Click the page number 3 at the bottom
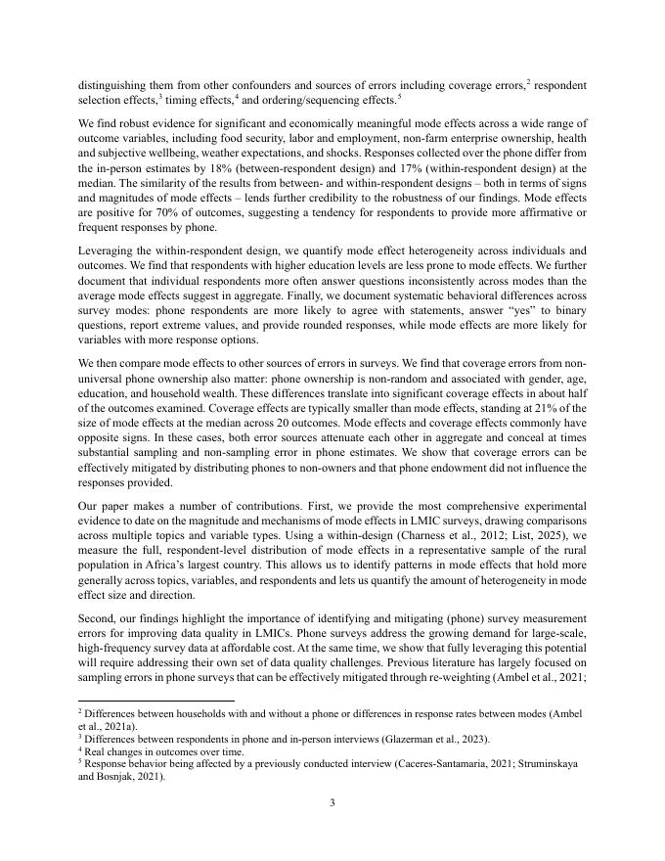[x=332, y=803]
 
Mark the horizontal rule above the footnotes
[x=155, y=701]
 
